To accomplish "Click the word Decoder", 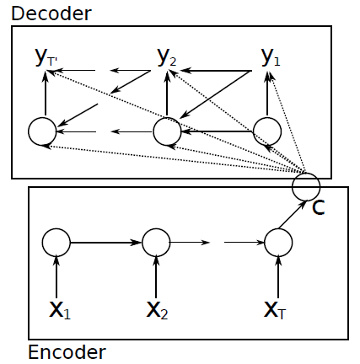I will click(x=51, y=13).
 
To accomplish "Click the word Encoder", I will click(x=67, y=351).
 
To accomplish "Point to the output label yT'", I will click(x=46, y=58).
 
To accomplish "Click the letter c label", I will click(x=318, y=206).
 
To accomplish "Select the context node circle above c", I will click(x=306, y=185).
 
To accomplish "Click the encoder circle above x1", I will click(x=56, y=243).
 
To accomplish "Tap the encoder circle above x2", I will click(x=157, y=243).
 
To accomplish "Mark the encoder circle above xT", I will click(x=278, y=243).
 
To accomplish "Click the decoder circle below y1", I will click(x=267, y=130).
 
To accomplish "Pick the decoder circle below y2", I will click(x=167, y=131).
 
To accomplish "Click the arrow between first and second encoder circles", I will click(x=106, y=243).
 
